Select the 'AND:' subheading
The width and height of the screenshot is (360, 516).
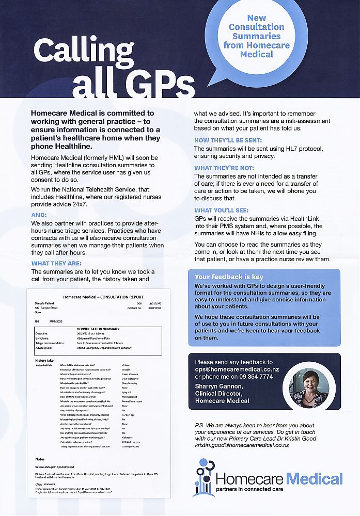[x=39, y=215]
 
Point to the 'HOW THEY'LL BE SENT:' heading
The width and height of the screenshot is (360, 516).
[x=228, y=140]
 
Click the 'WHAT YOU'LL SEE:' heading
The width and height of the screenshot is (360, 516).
[x=222, y=210]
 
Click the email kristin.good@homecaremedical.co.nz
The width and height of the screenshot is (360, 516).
[x=242, y=445]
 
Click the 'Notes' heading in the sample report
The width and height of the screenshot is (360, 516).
[x=40, y=459]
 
